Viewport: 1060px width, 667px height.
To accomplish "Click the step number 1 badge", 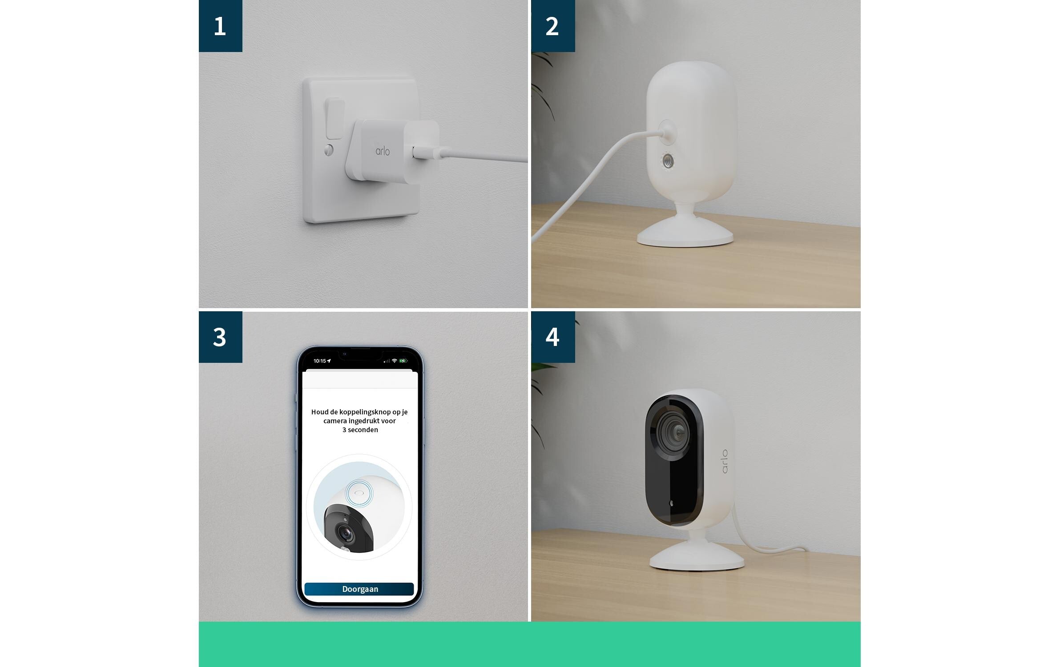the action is pos(220,26).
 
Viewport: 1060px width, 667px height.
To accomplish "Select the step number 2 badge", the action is pos(553,26).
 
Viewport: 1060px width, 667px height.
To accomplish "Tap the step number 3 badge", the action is pos(220,337).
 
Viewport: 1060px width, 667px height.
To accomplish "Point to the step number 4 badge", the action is pos(553,337).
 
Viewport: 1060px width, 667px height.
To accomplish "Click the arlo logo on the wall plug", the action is pos(383,151).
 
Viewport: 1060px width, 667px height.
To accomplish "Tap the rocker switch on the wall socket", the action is pos(335,119).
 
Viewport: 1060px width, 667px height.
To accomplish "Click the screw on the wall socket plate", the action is pos(329,150).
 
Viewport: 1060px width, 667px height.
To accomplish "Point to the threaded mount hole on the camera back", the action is pos(668,161).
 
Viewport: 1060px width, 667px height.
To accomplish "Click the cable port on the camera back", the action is pos(667,132).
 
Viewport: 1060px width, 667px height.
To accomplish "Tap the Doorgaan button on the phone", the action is pos(359,589).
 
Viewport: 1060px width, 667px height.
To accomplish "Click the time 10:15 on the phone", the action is pos(320,361).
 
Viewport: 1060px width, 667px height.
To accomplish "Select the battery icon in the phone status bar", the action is pos(403,361).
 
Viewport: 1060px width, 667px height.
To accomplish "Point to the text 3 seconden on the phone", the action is pos(360,430).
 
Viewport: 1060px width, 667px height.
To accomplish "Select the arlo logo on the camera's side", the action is pos(725,461).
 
